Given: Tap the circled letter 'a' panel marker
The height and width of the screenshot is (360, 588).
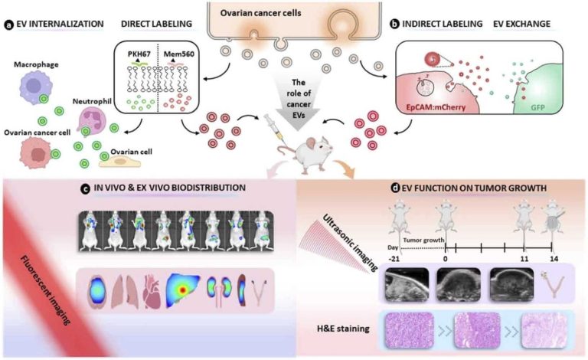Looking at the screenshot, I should (6, 23).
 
